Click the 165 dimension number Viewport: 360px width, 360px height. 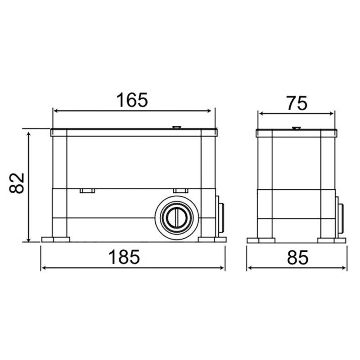[132, 100]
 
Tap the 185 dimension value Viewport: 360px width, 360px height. [124, 257]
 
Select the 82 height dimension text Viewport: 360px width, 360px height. [17, 183]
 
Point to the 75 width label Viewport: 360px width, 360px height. [297, 103]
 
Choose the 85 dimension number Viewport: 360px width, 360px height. [297, 257]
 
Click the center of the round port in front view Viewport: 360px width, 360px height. [177, 218]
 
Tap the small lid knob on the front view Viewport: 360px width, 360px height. [176, 127]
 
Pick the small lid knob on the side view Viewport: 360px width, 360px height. [296, 128]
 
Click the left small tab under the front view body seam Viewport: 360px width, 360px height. [87, 191]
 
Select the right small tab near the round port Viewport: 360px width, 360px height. [180, 191]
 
